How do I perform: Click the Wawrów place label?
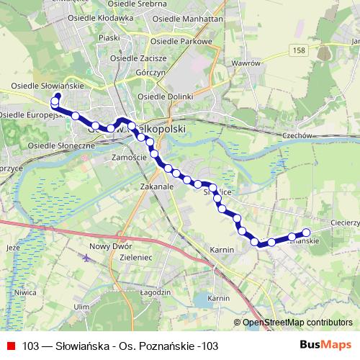[x=246, y=63]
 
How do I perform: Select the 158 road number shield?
[x=300, y=50]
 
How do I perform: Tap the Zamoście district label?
[x=130, y=156]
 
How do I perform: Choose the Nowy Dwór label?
[x=105, y=246]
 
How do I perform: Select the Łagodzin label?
[x=155, y=292]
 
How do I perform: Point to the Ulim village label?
[x=79, y=306]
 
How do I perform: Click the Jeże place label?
[x=12, y=247]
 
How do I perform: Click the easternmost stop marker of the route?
[x=306, y=232]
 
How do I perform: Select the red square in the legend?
[x=10, y=346]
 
